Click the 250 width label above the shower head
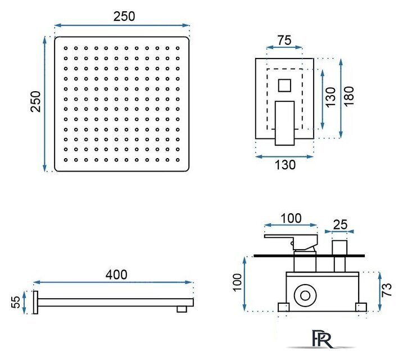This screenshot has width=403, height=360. pyautogui.click(x=124, y=16)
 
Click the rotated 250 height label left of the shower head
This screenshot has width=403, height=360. pyautogui.click(x=36, y=101)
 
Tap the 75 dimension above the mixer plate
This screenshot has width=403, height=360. pyautogui.click(x=284, y=40)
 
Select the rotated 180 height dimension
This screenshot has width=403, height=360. pyautogui.click(x=349, y=96)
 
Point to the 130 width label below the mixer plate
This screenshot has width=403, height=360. pyautogui.click(x=285, y=165)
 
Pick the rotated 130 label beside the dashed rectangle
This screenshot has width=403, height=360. pyautogui.click(x=330, y=97)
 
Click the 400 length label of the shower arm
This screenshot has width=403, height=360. pyautogui.click(x=116, y=274)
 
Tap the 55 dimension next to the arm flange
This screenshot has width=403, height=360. pyautogui.click(x=16, y=302)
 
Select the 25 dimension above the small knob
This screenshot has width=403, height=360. pyautogui.click(x=340, y=225)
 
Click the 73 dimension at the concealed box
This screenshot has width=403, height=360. pyautogui.click(x=386, y=290)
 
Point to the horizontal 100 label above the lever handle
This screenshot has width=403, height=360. pyautogui.click(x=291, y=218)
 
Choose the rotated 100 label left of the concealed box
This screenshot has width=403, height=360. pyautogui.click(x=237, y=282)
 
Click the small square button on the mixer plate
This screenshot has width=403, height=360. pyautogui.click(x=284, y=85)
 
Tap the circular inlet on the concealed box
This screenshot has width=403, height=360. pyautogui.click(x=305, y=295)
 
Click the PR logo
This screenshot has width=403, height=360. pyautogui.click(x=322, y=339)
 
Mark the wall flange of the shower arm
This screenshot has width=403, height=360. pyautogui.click(x=35, y=303)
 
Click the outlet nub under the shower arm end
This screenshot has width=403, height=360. pyautogui.click(x=182, y=309)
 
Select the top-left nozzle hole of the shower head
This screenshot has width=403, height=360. pyautogui.click(x=66, y=48)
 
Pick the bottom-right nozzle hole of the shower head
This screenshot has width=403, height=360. pyautogui.click(x=178, y=160)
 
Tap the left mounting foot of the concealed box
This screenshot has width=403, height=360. pyautogui.click(x=283, y=307)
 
